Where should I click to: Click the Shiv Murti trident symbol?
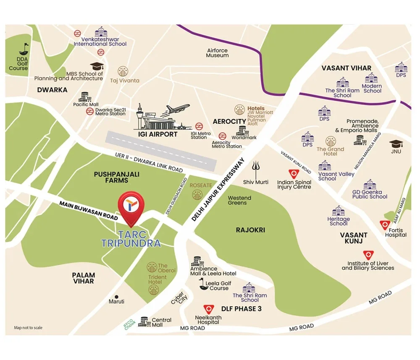coord(256,170)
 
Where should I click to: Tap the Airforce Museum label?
coord(217,53)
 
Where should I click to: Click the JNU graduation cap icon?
coord(396,144)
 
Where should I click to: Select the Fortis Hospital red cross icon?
coord(384,225)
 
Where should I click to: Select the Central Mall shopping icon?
coord(144,321)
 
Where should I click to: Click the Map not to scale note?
coord(28,328)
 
